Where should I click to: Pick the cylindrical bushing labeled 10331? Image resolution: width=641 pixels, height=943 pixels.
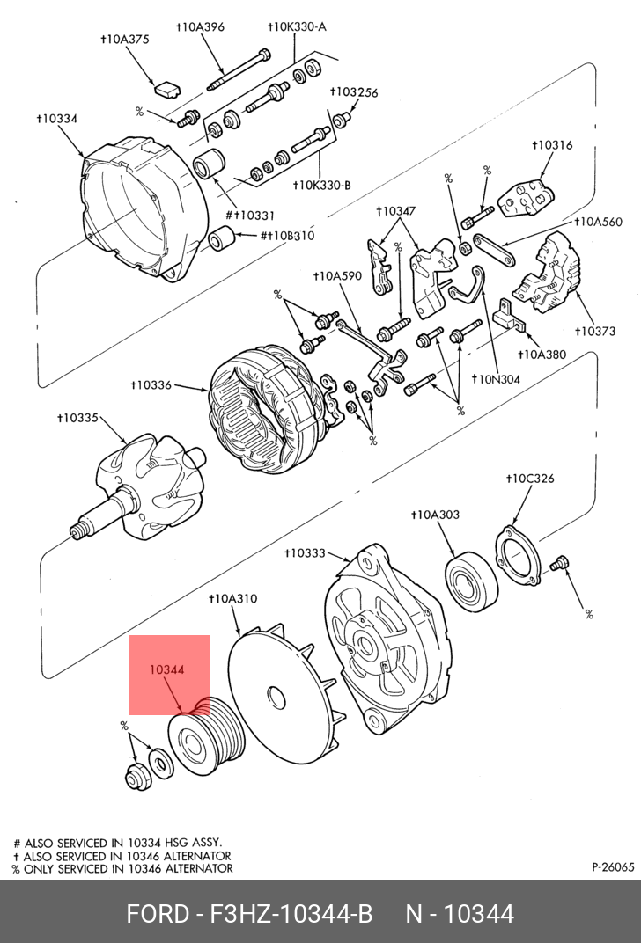coord(211,163)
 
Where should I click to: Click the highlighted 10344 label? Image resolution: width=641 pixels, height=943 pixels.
coord(166,669)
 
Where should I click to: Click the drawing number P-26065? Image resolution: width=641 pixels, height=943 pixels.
coord(612,866)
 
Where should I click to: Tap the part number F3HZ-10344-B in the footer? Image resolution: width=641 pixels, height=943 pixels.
coord(290,914)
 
